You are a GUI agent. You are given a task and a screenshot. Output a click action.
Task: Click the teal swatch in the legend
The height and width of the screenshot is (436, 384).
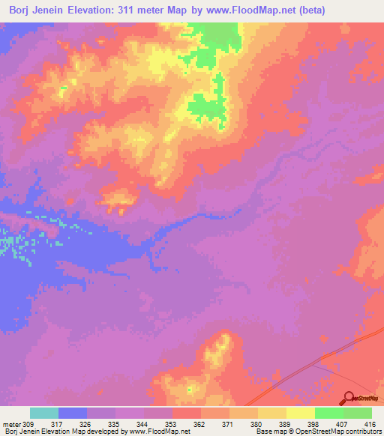pos(44,413)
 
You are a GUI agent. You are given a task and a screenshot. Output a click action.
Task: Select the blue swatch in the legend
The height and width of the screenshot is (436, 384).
pos(73,413)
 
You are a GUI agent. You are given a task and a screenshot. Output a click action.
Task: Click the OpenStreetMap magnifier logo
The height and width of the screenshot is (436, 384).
pos(348,399)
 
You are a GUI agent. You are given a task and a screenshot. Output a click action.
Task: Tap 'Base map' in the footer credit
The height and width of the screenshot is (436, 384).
pos(270,432)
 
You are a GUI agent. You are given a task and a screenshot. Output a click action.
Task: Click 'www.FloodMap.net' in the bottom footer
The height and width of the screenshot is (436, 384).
pos(157,432)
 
